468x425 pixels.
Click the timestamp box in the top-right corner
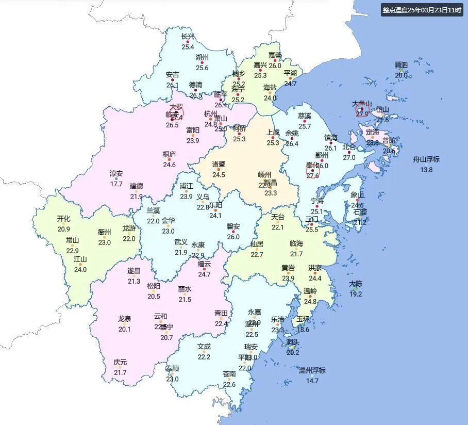(x=421, y=10)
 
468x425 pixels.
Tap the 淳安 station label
(x=116, y=173)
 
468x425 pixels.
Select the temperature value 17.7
(x=116, y=184)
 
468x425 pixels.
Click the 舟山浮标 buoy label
(x=426, y=159)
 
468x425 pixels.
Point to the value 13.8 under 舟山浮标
(x=426, y=170)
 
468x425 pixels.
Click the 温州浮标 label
(x=312, y=370)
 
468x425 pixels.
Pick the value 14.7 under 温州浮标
(x=312, y=381)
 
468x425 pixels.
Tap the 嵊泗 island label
(x=401, y=65)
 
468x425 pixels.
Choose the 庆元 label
(x=120, y=362)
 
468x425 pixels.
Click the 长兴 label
(x=188, y=37)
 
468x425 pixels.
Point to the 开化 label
(x=63, y=219)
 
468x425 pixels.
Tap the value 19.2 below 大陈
(x=356, y=294)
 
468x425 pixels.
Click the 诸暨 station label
(x=219, y=164)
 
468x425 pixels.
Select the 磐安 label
(x=233, y=226)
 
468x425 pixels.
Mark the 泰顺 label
(x=172, y=369)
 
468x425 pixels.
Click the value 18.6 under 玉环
(x=303, y=330)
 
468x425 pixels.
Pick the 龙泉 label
(x=125, y=319)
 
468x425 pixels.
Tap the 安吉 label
(x=172, y=75)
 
